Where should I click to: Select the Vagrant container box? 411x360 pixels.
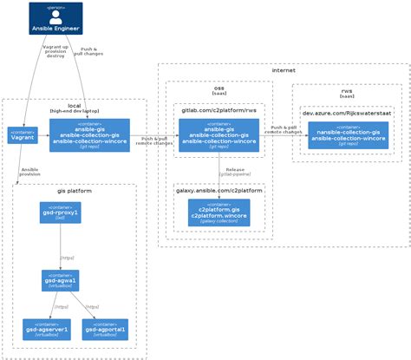click(x=22, y=136)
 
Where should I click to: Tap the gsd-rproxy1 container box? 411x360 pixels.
click(x=60, y=213)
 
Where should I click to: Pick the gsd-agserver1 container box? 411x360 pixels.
click(x=47, y=329)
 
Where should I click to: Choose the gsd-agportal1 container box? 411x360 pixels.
click(x=106, y=329)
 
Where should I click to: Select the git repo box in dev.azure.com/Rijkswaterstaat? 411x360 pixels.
click(x=348, y=136)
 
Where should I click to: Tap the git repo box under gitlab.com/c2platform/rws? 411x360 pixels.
click(x=219, y=135)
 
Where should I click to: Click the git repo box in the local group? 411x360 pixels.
click(x=89, y=135)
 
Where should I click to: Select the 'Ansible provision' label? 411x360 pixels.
click(x=29, y=171)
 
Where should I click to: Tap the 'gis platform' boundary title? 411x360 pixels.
click(x=75, y=190)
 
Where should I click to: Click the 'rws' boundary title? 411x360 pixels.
click(x=347, y=90)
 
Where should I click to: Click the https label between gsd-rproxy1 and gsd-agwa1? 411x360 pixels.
click(x=67, y=258)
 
